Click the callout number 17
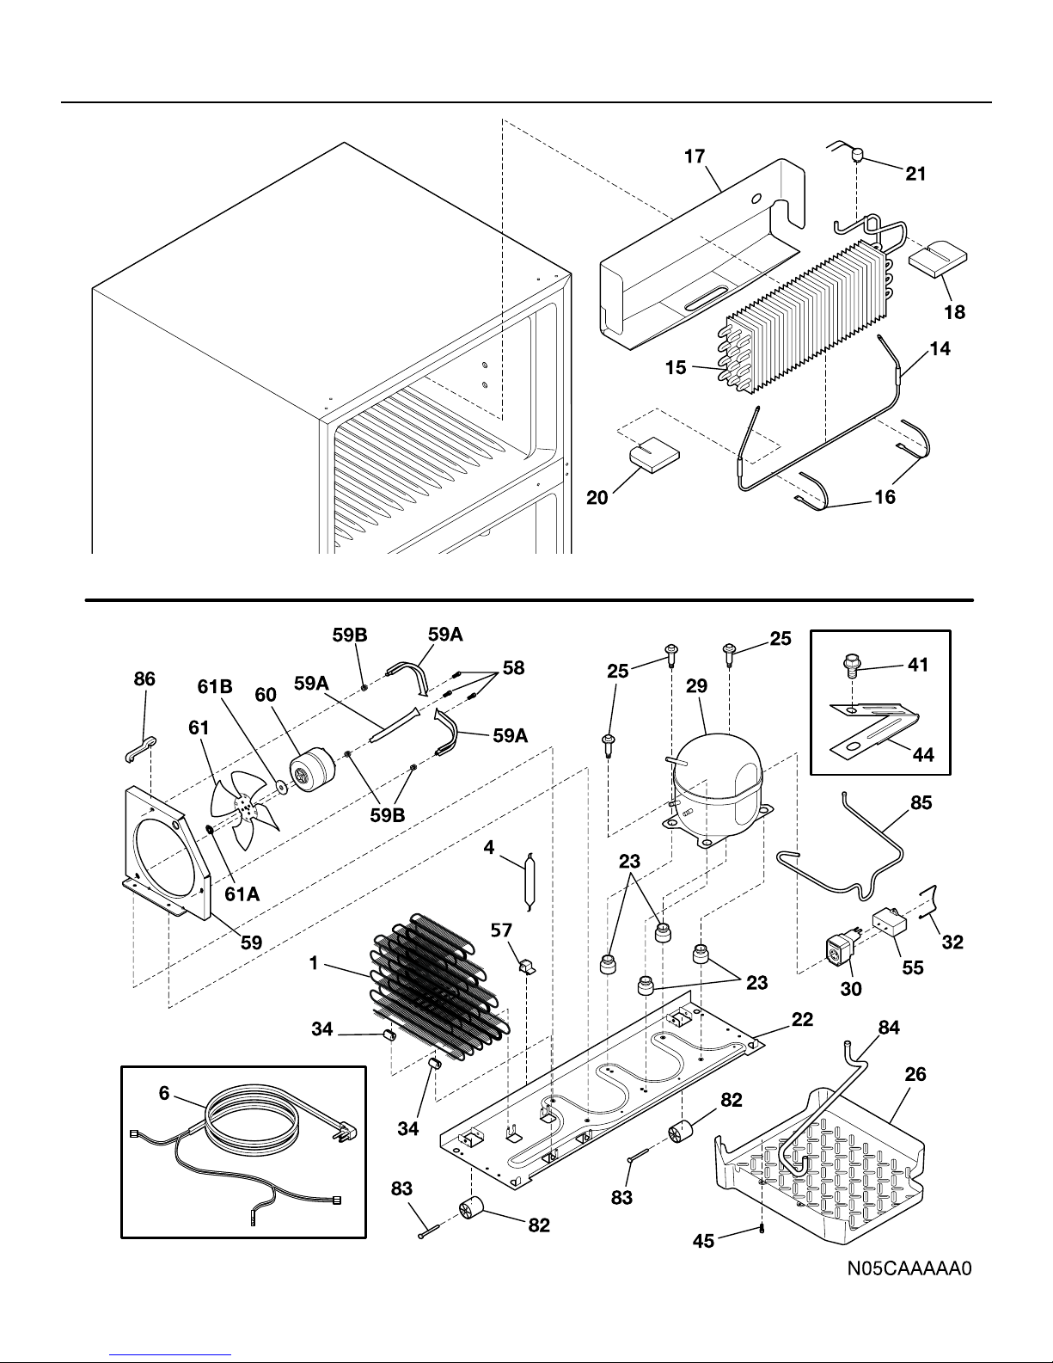(695, 156)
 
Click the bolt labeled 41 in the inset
(850, 667)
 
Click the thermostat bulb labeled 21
(857, 156)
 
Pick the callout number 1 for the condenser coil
(315, 964)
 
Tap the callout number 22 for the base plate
(801, 1020)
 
